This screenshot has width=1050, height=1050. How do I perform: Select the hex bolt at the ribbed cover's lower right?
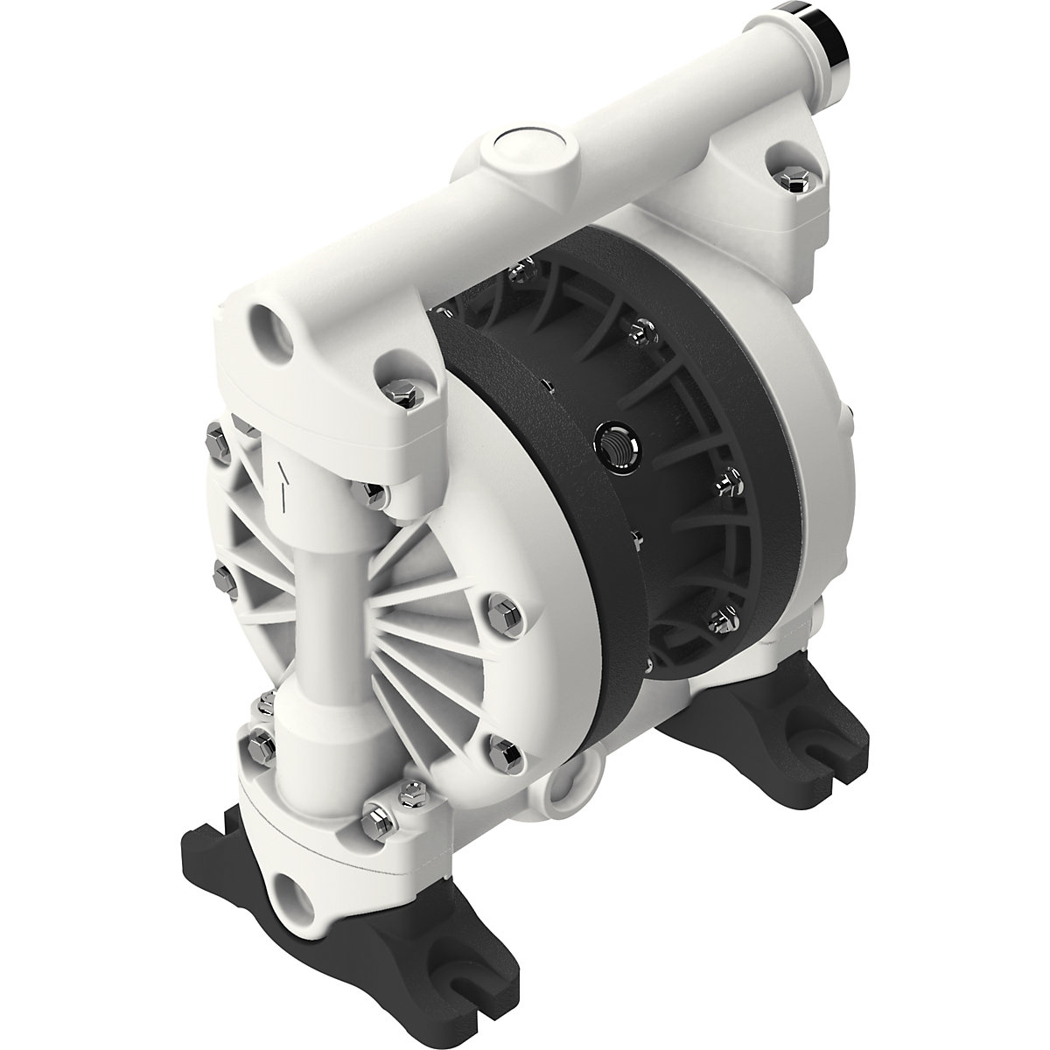tap(503, 749)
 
